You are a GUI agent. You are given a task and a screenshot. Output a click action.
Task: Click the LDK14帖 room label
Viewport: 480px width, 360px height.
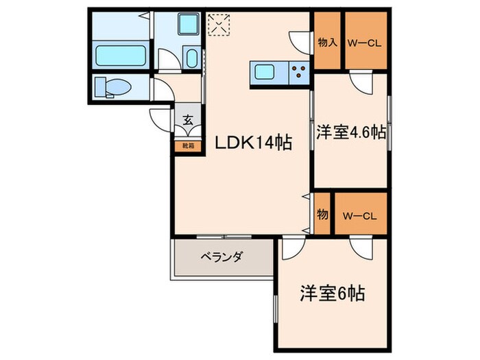click(x=254, y=143)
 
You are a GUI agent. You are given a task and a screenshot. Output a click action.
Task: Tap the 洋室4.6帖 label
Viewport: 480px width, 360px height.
click(x=350, y=132)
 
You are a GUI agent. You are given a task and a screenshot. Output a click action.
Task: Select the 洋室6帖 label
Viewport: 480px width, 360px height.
click(x=331, y=294)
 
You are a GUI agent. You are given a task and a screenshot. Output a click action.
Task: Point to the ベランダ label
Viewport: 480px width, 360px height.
click(x=221, y=258)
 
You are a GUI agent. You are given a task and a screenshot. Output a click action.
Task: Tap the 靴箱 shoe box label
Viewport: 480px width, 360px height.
click(x=187, y=145)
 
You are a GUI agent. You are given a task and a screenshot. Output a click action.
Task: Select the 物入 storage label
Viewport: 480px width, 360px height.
click(x=327, y=43)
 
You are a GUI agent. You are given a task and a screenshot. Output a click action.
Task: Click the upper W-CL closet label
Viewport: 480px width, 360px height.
click(x=365, y=43)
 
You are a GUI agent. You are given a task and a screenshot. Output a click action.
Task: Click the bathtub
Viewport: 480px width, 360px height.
click(x=118, y=56)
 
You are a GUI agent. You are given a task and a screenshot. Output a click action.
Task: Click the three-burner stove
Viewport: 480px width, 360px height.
click(x=299, y=71)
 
